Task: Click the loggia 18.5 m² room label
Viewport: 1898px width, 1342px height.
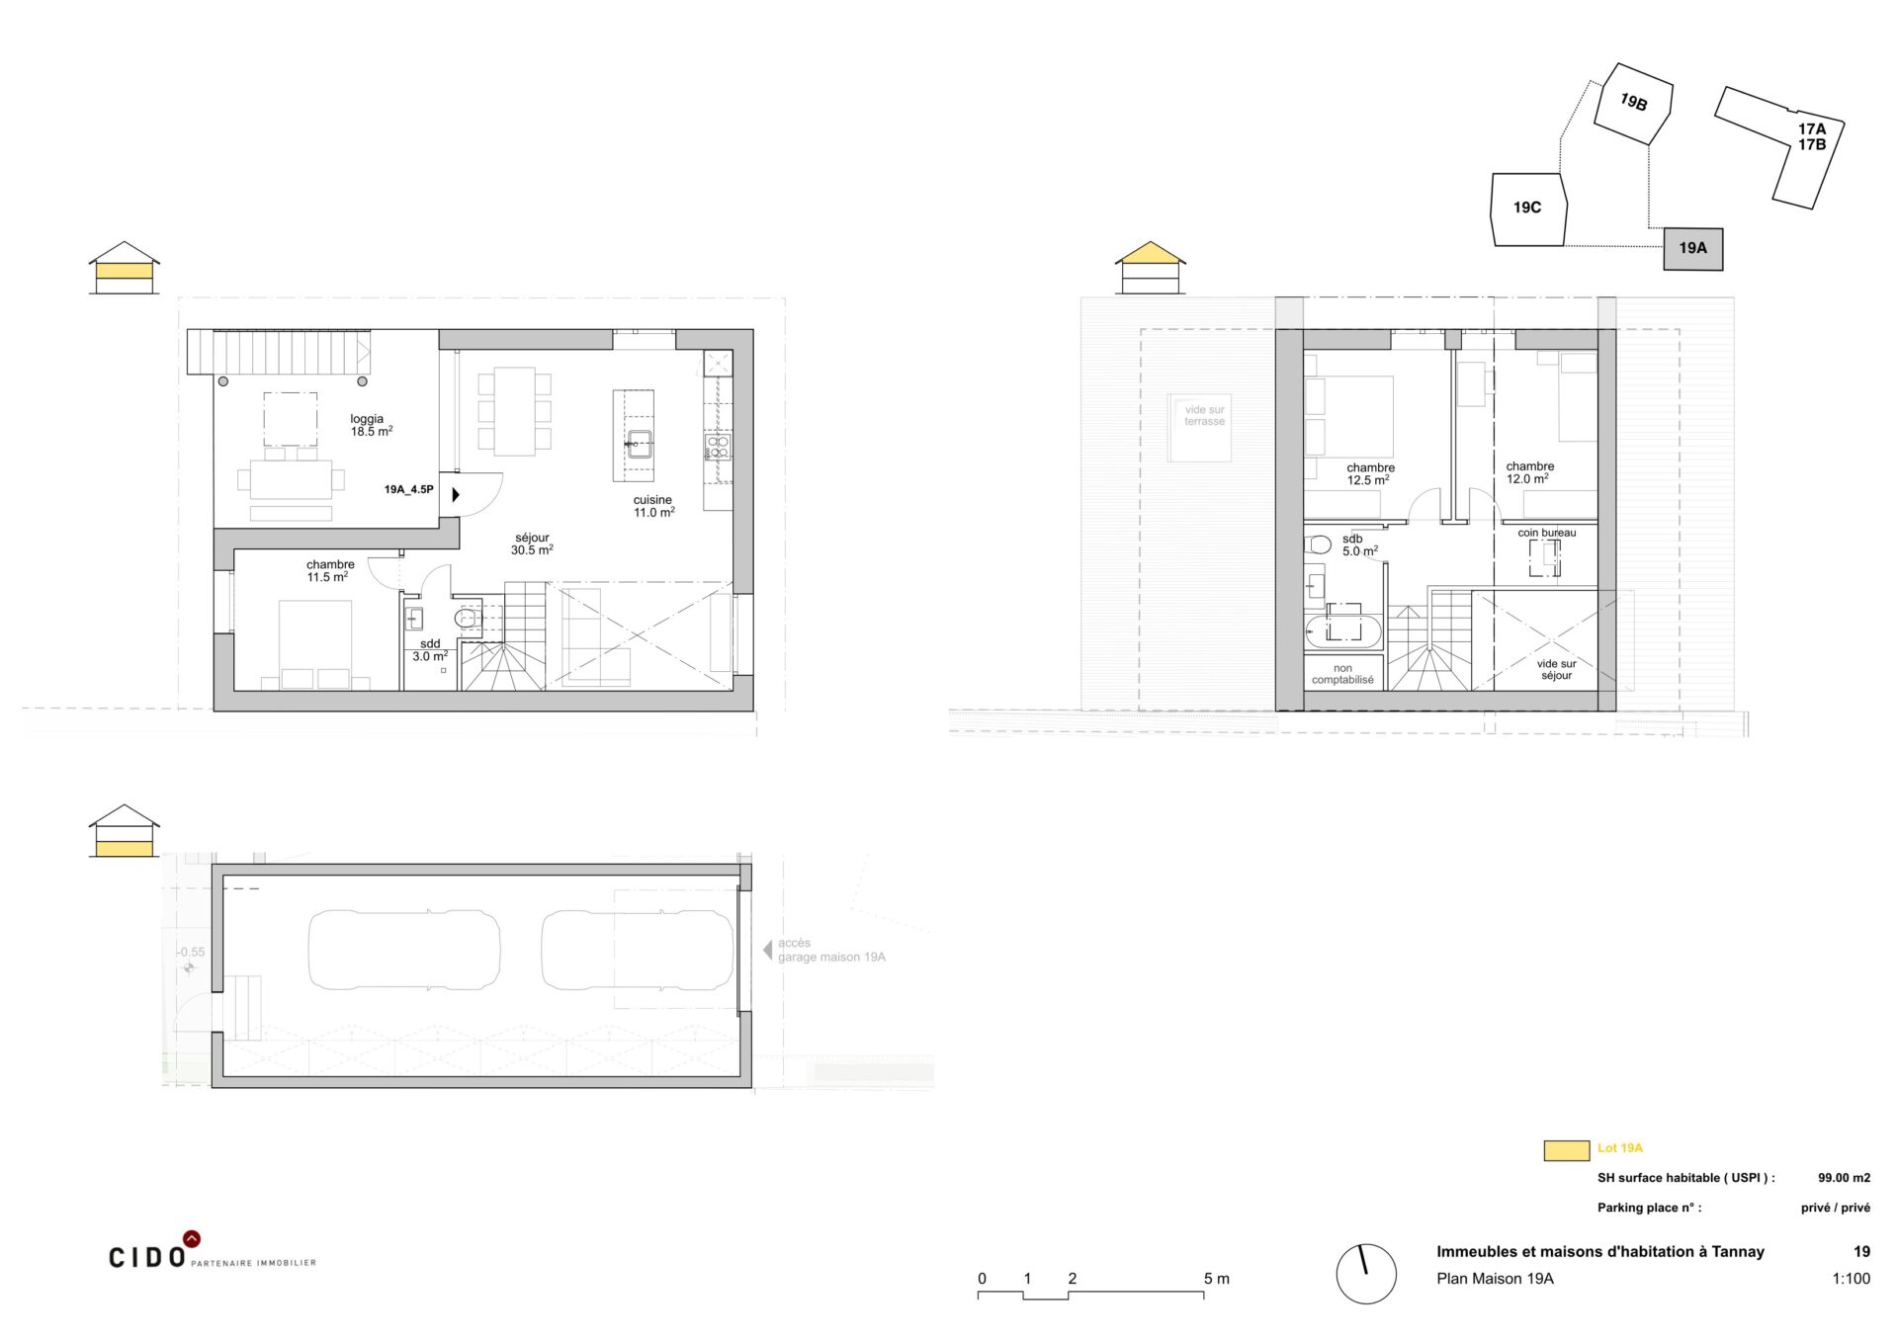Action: pyautogui.click(x=371, y=425)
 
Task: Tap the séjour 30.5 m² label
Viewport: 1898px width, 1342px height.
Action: pyautogui.click(x=532, y=544)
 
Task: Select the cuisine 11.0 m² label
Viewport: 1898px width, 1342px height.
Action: pyautogui.click(x=653, y=506)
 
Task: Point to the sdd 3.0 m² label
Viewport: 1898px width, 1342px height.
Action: pyautogui.click(x=430, y=650)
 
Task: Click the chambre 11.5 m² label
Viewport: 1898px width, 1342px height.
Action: pyautogui.click(x=330, y=570)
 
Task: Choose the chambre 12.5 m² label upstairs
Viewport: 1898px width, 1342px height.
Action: pyautogui.click(x=1370, y=473)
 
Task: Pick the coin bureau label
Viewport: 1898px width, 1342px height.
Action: pyautogui.click(x=1547, y=533)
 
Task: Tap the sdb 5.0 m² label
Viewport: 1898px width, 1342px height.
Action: pyautogui.click(x=1358, y=545)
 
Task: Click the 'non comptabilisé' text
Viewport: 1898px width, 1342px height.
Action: pyautogui.click(x=1342, y=674)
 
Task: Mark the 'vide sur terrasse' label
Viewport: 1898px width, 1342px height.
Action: pyautogui.click(x=1204, y=415)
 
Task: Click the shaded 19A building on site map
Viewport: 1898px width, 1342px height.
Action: pyautogui.click(x=1692, y=248)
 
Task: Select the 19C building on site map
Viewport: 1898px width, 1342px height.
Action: pyautogui.click(x=1528, y=210)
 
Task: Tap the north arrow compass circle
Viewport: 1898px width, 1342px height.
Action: pyautogui.click(x=1365, y=1273)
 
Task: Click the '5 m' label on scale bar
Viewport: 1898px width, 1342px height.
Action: pyautogui.click(x=1216, y=1279)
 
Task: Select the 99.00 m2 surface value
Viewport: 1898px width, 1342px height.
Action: pyautogui.click(x=1844, y=1178)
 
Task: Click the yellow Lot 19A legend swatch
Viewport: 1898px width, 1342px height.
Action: pyautogui.click(x=1566, y=1150)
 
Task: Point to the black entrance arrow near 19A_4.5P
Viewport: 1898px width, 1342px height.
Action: pyautogui.click(x=456, y=494)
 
